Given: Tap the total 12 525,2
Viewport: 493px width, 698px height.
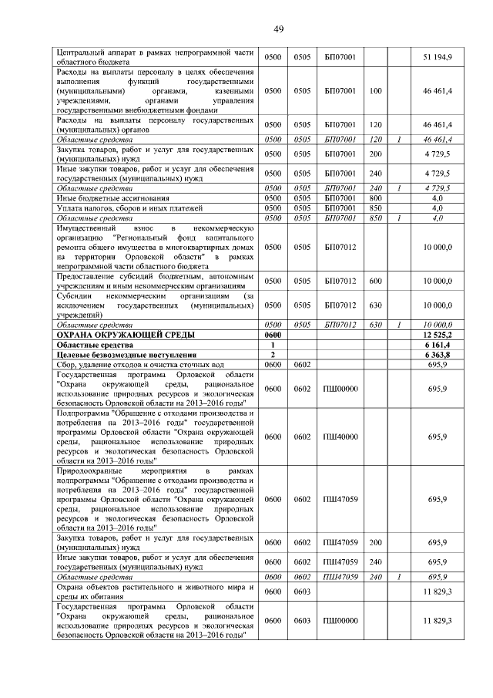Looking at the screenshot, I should click(437, 335).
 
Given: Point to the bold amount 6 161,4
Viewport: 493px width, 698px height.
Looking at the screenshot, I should click(438, 345).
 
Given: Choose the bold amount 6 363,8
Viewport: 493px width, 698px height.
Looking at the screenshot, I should click(438, 354).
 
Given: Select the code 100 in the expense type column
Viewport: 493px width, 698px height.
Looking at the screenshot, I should click(376, 90).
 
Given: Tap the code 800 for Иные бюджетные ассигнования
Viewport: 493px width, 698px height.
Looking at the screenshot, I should click(376, 198).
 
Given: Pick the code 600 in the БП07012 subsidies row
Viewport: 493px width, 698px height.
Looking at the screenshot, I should click(376, 282).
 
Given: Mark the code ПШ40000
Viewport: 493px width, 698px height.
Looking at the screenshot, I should click(340, 437).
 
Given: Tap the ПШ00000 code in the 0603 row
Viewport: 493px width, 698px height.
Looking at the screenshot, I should click(340, 621).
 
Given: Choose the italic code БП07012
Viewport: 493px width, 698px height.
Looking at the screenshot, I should click(340, 325).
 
